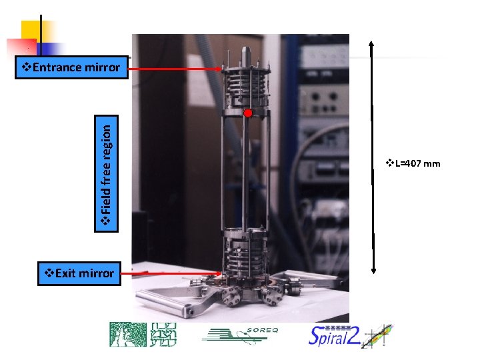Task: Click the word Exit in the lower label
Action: tap(65, 273)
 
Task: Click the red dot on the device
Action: tap(247, 113)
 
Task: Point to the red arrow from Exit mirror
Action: tap(173, 273)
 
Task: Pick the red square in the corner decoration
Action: tap(20, 47)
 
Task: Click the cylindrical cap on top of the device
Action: tap(245, 53)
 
